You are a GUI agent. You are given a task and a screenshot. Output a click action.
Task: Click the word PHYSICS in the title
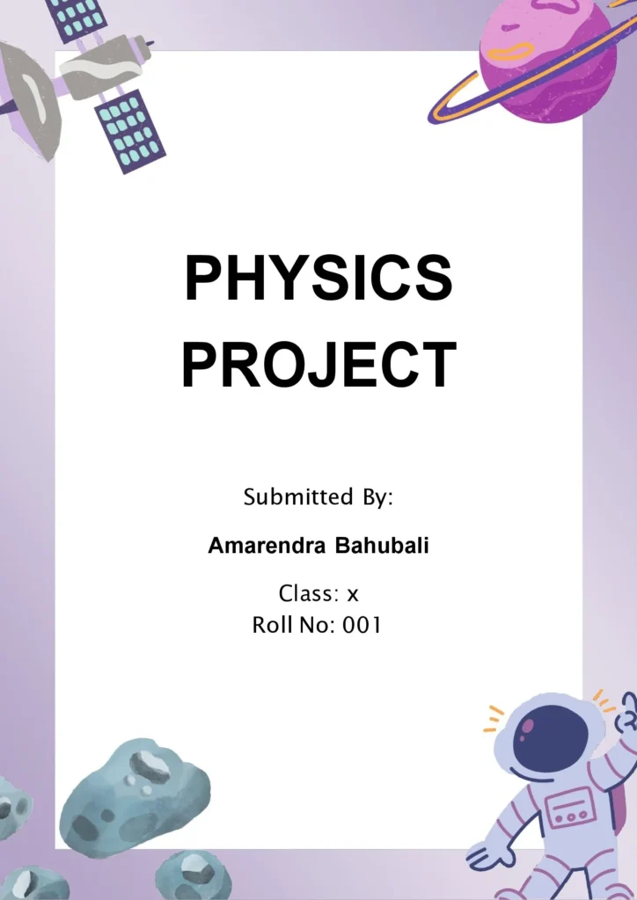click(318, 278)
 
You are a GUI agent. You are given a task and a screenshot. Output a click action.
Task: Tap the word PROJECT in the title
click(318, 364)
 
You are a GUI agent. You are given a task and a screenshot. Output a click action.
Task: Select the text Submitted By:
click(318, 497)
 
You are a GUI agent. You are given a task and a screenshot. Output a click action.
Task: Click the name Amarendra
click(266, 546)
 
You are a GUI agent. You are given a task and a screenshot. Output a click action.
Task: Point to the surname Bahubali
click(382, 546)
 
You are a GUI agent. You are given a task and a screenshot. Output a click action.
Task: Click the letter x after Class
click(353, 595)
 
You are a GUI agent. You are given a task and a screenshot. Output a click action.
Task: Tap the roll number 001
click(362, 626)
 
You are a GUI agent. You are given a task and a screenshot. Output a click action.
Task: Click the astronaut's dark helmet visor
click(550, 738)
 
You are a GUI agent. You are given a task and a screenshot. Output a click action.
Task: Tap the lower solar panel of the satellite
click(129, 129)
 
